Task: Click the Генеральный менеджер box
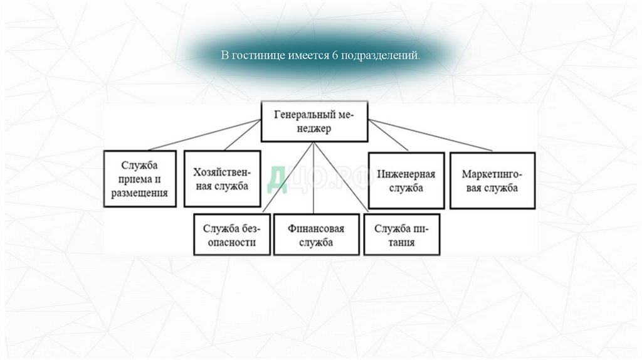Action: tap(314, 121)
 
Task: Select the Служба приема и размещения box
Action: tap(140, 179)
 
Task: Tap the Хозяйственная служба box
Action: tap(222, 179)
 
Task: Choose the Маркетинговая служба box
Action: tap(492, 180)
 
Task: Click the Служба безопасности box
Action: tap(232, 234)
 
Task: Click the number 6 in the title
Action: tap(335, 55)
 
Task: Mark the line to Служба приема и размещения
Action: tap(201, 135)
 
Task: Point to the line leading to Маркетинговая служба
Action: tap(433, 136)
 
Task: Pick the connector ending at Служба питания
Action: tap(345, 182)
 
